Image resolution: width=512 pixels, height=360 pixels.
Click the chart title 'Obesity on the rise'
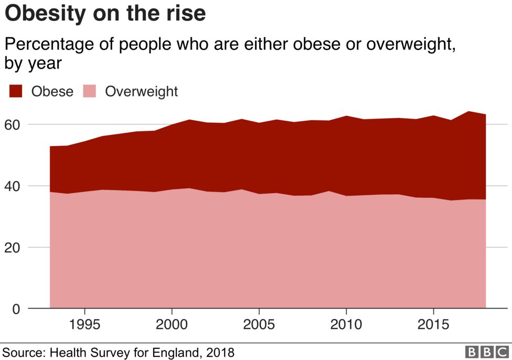[x=105, y=14]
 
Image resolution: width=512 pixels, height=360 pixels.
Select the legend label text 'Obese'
[x=52, y=91]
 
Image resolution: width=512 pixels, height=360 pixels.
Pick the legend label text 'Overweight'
[x=141, y=91]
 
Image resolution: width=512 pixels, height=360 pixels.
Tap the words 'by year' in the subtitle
[x=34, y=63]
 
